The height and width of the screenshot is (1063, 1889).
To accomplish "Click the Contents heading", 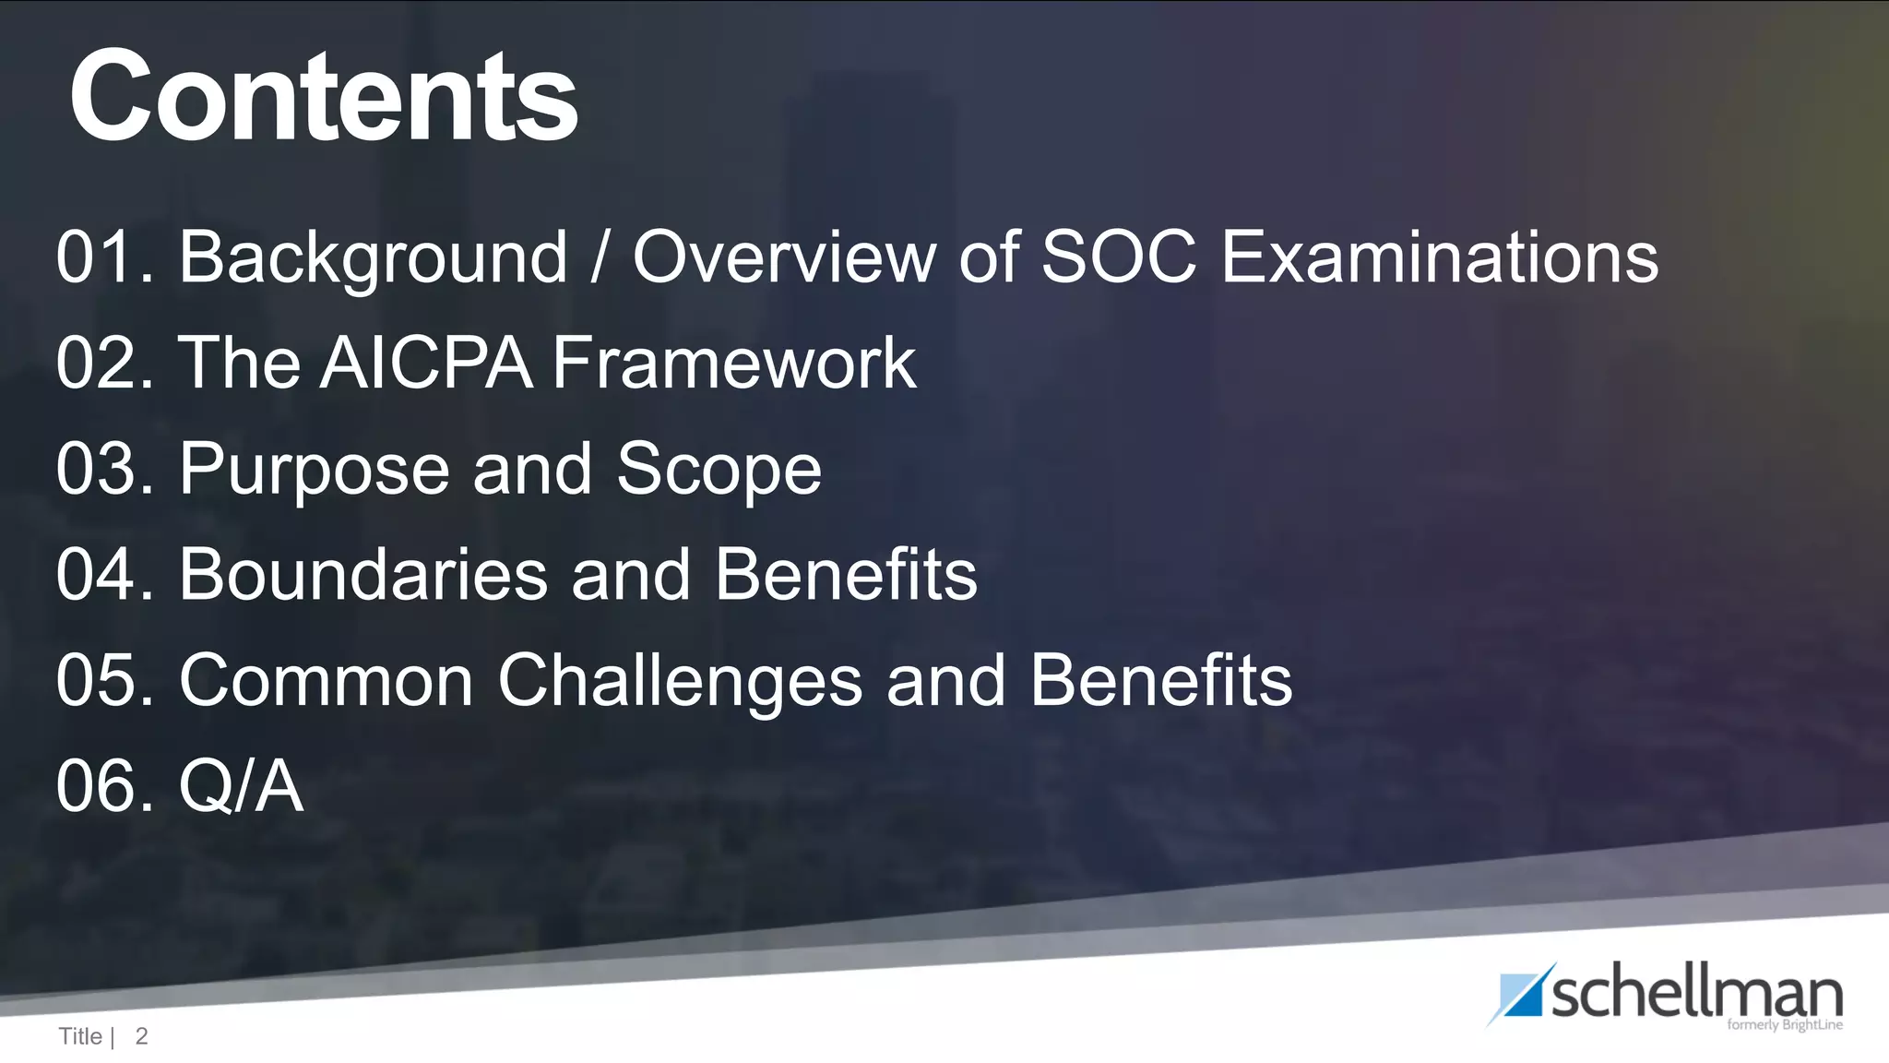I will tap(323, 97).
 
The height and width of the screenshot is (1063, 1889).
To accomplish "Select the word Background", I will tap(373, 258).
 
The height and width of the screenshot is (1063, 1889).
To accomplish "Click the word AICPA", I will tap(427, 363).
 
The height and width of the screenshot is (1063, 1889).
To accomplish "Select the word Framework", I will tap(733, 363).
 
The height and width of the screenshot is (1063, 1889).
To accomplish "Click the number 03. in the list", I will tap(104, 469).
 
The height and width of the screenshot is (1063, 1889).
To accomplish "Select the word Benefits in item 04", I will tap(845, 574).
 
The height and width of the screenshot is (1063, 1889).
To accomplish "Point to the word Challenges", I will tap(680, 681).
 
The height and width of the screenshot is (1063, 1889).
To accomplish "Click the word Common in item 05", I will tap(326, 681).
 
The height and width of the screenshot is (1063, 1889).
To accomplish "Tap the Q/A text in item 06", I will tap(241, 786).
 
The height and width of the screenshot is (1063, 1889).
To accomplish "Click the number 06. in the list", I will tap(104, 786).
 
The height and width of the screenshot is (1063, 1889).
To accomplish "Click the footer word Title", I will tap(80, 1036).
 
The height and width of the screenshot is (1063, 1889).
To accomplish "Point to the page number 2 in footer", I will tap(141, 1036).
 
